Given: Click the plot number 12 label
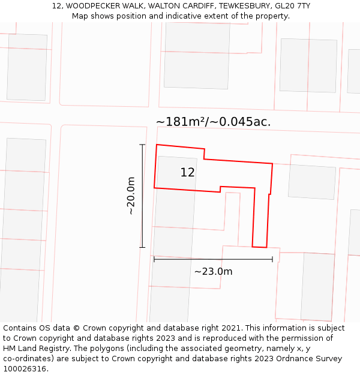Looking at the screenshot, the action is pyautogui.click(x=187, y=173).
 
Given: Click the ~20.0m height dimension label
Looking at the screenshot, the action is pyautogui.click(x=131, y=196).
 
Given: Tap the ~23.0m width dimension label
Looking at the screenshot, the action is pyautogui.click(x=213, y=271).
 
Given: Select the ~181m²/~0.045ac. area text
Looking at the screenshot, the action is pyautogui.click(x=213, y=122).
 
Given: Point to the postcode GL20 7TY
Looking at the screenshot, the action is pyautogui.click(x=293, y=6).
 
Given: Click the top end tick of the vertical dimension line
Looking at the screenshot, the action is pyautogui.click(x=142, y=145).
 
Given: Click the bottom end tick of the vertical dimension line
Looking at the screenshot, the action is pyautogui.click(x=142, y=247).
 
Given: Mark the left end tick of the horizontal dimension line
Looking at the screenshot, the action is pyautogui.click(x=154, y=259).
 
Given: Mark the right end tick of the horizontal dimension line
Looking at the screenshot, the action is pyautogui.click(x=272, y=259).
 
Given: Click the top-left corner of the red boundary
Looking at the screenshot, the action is pyautogui.click(x=157, y=145).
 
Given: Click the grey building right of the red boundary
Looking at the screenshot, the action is pyautogui.click(x=311, y=181).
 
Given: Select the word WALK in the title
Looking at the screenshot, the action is pyautogui.click(x=133, y=6).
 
